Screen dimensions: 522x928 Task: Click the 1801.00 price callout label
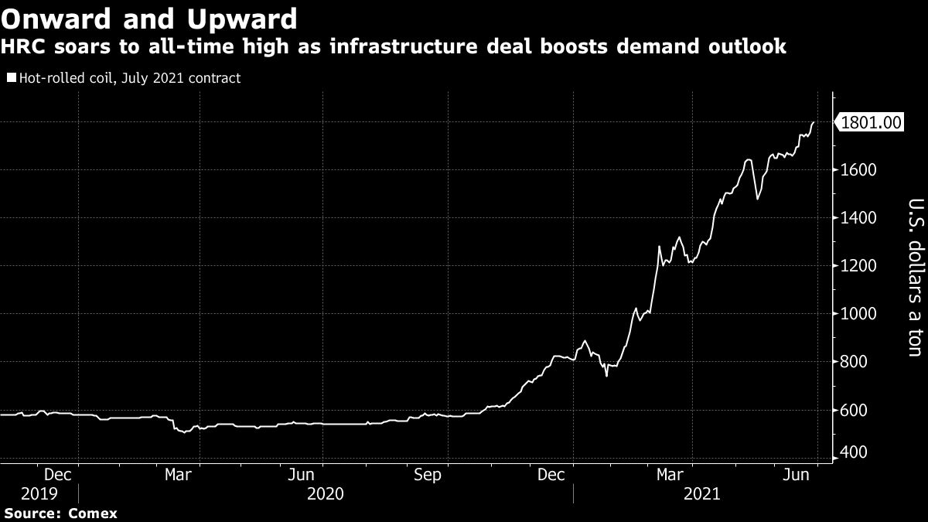coord(872,122)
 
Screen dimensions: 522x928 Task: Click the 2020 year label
coord(325,493)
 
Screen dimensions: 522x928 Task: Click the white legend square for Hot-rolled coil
coord(10,78)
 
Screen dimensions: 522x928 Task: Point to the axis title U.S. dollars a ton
coord(913,278)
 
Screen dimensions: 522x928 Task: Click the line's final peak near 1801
coord(814,122)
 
